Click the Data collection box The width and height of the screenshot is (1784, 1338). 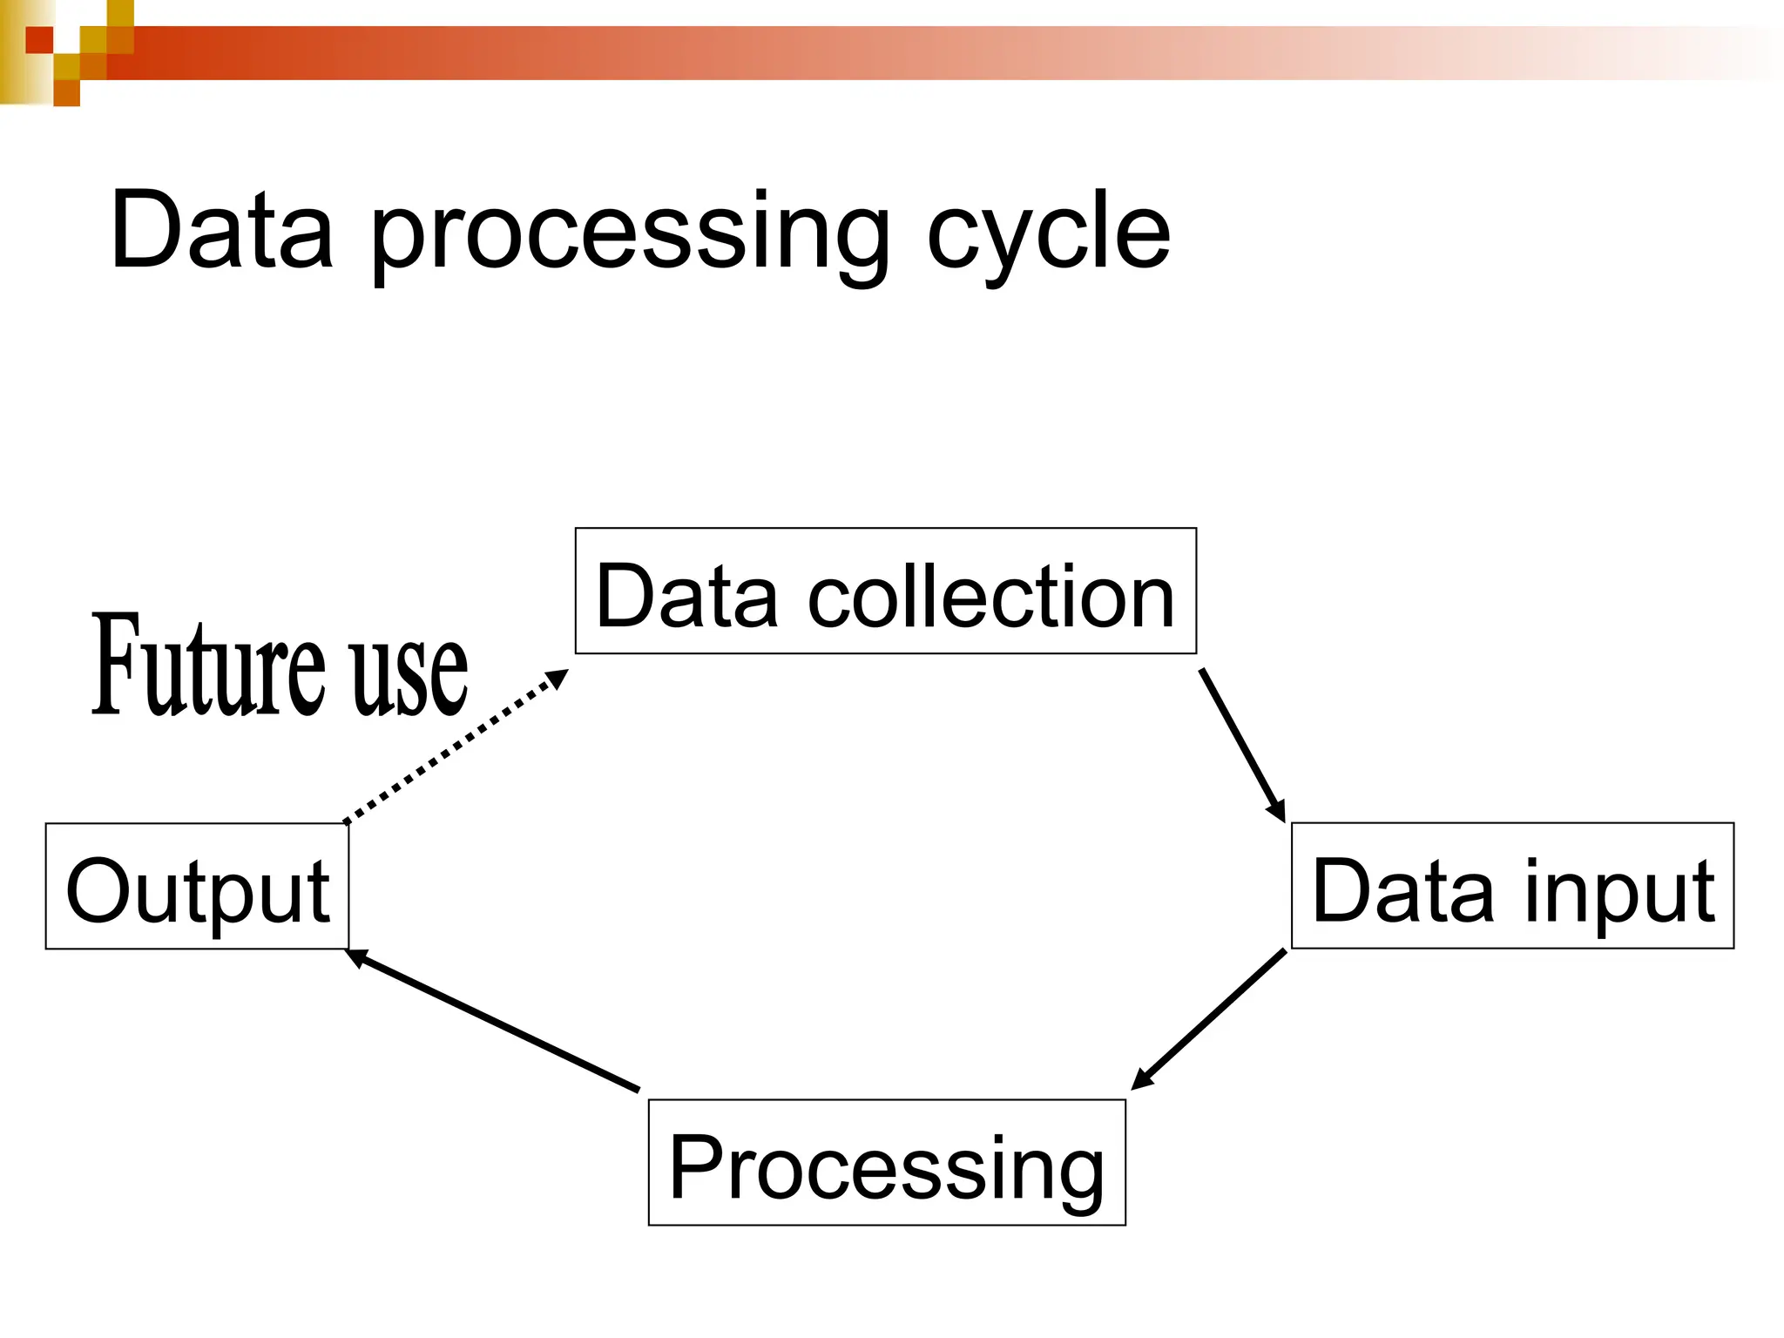pyautogui.click(x=885, y=591)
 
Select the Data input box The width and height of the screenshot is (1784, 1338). pyautogui.click(x=1512, y=885)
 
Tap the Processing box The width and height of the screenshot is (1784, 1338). pyautogui.click(x=887, y=1162)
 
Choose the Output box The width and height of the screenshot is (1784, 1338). pyautogui.click(x=197, y=886)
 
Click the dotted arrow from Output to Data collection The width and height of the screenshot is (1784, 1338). pyautogui.click(x=453, y=747)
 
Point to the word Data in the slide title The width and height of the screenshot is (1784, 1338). pyautogui.click(x=222, y=230)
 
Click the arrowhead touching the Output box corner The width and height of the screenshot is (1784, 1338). pyautogui.click(x=355, y=957)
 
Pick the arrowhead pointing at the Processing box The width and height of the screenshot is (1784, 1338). pyautogui.click(x=1141, y=1079)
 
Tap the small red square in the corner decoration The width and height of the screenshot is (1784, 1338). pyautogui.click(x=39, y=39)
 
